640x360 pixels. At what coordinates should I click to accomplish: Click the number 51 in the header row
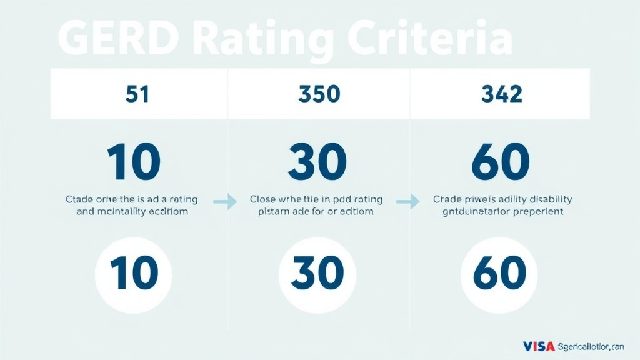137,94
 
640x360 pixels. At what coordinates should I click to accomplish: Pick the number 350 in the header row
319,94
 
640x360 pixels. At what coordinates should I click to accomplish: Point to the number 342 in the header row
501,94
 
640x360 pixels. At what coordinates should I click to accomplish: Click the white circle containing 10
133,274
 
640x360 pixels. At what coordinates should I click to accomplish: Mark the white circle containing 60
499,274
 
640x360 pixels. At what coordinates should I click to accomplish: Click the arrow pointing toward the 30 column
225,201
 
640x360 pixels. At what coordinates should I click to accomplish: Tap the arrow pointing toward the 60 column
407,201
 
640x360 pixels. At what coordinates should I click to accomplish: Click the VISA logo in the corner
537,346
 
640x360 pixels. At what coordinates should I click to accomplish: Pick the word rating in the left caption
179,199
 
